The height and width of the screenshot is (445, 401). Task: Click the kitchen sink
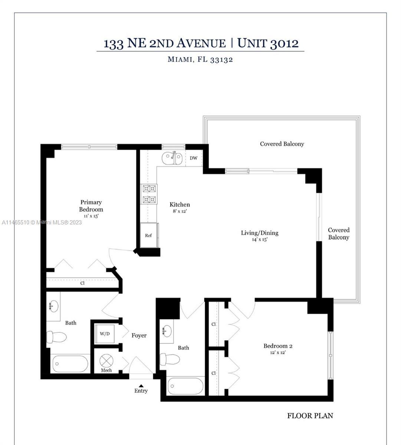click(x=172, y=158)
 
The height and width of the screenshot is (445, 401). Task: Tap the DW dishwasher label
click(x=194, y=158)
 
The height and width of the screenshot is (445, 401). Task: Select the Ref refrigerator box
click(x=149, y=235)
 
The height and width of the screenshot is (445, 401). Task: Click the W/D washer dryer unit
click(x=105, y=334)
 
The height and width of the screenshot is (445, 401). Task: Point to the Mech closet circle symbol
click(x=106, y=361)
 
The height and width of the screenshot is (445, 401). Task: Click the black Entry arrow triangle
click(x=141, y=386)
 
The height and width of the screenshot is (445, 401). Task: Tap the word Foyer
click(x=139, y=335)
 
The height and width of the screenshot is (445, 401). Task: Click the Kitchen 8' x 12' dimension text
click(x=180, y=211)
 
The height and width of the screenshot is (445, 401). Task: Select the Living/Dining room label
click(x=260, y=233)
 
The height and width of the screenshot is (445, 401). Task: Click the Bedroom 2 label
click(x=278, y=346)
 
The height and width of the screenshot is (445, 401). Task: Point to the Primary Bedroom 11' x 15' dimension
click(x=91, y=216)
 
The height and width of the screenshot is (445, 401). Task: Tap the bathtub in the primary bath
click(x=70, y=364)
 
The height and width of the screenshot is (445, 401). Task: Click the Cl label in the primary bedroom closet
click(x=82, y=283)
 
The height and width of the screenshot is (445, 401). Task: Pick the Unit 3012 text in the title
click(x=268, y=43)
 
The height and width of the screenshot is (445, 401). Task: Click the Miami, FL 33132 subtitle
click(x=200, y=59)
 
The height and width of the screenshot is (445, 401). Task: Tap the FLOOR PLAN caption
click(x=310, y=416)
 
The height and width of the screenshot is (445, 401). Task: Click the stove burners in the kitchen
click(x=149, y=194)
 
